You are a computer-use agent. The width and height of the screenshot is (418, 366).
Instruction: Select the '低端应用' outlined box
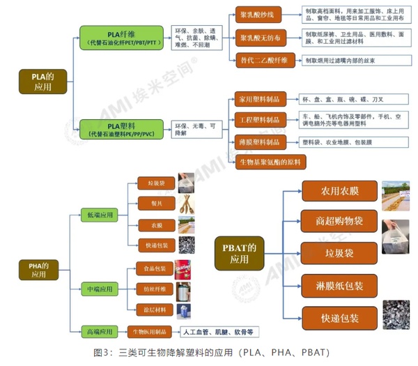[100, 215]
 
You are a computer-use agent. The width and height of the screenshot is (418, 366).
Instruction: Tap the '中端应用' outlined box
[100, 287]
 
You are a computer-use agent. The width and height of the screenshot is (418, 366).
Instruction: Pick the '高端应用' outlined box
[100, 330]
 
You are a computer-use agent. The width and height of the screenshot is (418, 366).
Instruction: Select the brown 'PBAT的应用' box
[239, 252]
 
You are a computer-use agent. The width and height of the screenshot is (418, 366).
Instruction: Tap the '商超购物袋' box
[339, 221]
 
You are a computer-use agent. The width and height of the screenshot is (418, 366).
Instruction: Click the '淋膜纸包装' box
[339, 285]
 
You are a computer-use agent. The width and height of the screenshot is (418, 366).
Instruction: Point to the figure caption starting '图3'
[209, 353]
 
